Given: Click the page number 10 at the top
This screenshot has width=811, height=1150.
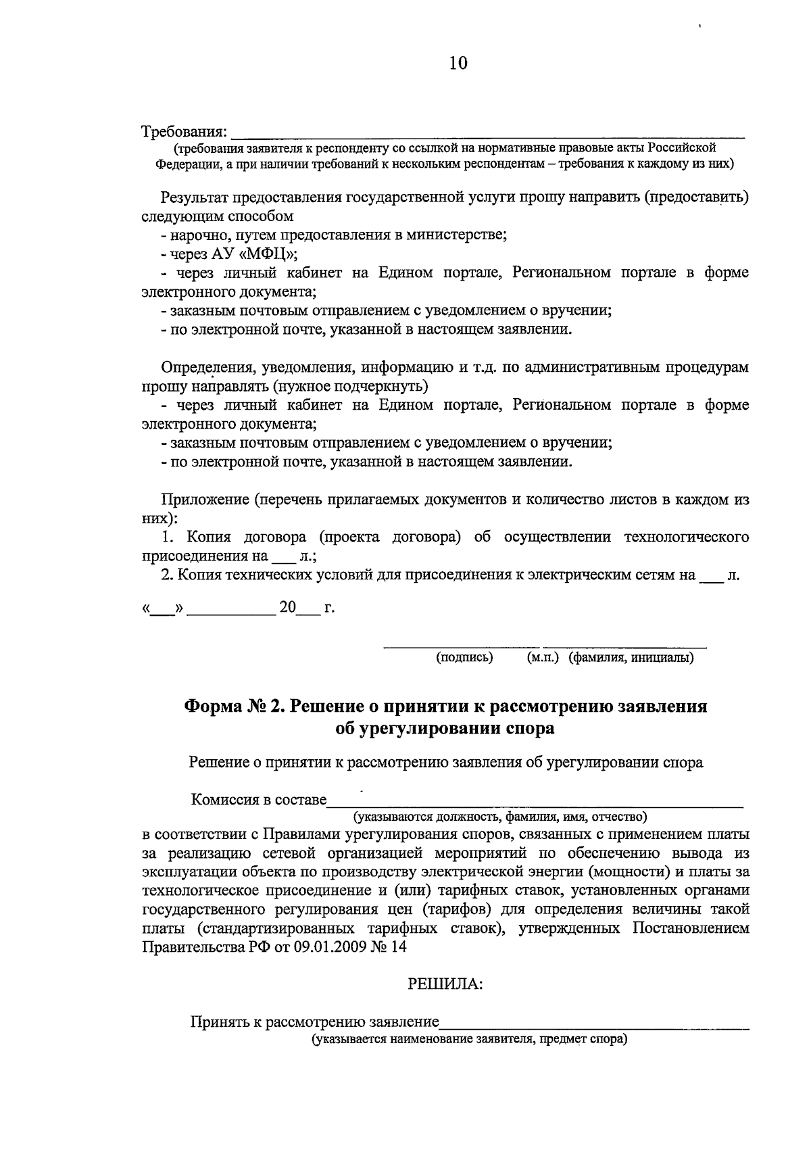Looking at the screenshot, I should click(458, 64).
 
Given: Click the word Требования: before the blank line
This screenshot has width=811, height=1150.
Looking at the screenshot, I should click(184, 130).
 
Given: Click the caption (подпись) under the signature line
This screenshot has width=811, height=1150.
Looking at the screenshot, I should click(464, 657).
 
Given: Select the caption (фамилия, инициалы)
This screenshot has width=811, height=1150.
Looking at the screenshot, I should click(631, 657).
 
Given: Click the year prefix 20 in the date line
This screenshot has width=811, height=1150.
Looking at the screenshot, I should click(287, 607).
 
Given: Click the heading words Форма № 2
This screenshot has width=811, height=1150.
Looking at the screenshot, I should click(233, 706).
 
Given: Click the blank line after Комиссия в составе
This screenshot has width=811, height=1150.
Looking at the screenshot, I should click(534, 803).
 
